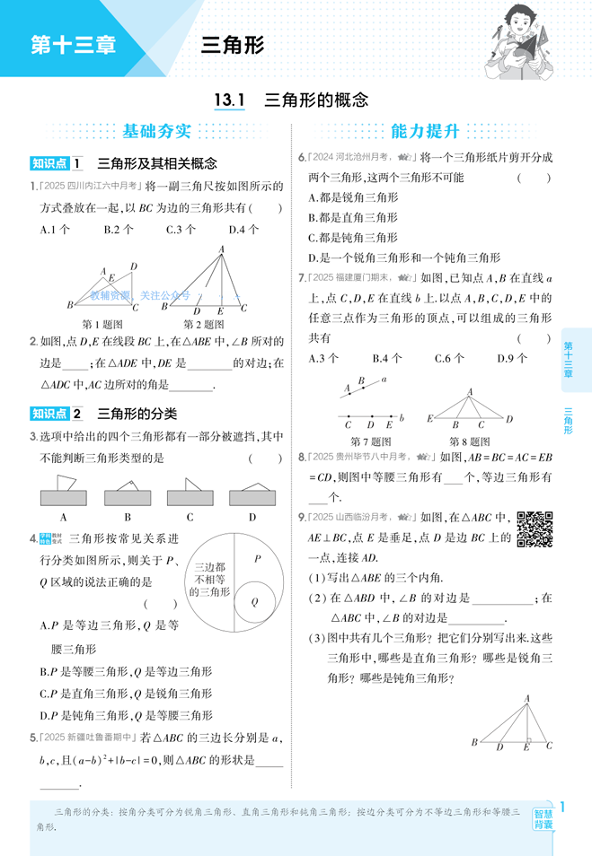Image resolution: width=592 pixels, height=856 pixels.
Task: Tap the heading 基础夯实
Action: click(x=157, y=132)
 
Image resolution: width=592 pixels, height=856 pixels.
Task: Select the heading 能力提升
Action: click(x=425, y=132)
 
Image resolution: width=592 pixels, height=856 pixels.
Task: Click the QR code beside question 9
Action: click(x=535, y=528)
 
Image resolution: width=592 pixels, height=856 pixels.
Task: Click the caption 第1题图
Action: click(x=102, y=324)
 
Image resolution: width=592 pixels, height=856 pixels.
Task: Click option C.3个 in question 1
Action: click(x=181, y=230)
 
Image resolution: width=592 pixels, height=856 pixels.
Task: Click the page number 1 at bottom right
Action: click(x=562, y=806)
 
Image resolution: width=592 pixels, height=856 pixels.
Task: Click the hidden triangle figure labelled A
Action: click(x=64, y=493)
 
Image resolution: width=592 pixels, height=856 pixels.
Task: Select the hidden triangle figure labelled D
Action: click(x=252, y=493)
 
